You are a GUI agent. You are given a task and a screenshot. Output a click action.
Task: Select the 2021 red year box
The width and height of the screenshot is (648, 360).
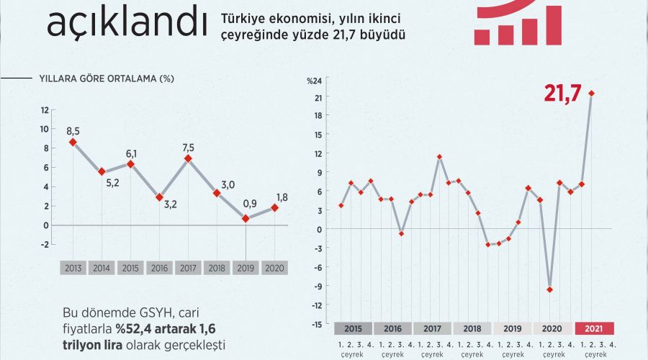pos(595,328)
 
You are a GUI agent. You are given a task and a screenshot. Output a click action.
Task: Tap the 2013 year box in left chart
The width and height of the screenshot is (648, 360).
pos(73,268)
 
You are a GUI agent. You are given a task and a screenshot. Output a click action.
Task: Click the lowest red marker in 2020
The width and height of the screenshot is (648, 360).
pos(550,289)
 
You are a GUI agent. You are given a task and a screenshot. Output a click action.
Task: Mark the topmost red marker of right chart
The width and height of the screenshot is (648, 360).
pos(591,93)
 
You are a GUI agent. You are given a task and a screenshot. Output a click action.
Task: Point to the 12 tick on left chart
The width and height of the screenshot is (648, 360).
pos(45,110)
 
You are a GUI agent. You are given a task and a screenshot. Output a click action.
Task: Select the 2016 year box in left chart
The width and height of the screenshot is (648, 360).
pos(159,268)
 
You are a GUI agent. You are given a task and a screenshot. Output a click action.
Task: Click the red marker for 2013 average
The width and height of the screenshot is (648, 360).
pos(73,142)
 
